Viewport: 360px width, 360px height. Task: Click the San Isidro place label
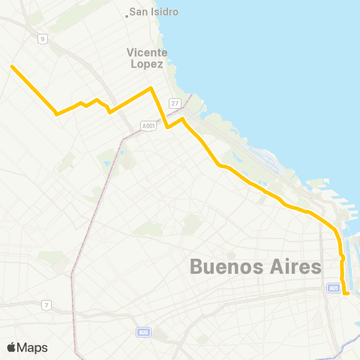(x=153, y=12)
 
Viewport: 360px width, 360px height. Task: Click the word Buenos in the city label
(x=223, y=266)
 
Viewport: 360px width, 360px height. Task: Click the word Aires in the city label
(x=292, y=266)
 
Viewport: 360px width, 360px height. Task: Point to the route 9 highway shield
(x=43, y=38)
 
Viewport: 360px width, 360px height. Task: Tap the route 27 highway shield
(x=175, y=103)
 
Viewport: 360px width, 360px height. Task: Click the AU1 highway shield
(x=334, y=287)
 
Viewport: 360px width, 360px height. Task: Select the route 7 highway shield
(x=46, y=304)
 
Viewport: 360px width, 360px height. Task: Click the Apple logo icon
(x=11, y=347)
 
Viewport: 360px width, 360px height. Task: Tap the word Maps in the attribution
(x=32, y=348)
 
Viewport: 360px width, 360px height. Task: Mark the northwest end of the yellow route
(x=12, y=66)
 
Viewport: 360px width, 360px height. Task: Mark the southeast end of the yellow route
(x=348, y=294)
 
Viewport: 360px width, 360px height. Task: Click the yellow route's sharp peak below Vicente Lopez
(x=151, y=88)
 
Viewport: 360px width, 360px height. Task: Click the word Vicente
(x=147, y=52)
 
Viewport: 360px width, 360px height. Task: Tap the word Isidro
(x=164, y=12)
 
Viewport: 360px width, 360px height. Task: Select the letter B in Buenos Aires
(x=196, y=266)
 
